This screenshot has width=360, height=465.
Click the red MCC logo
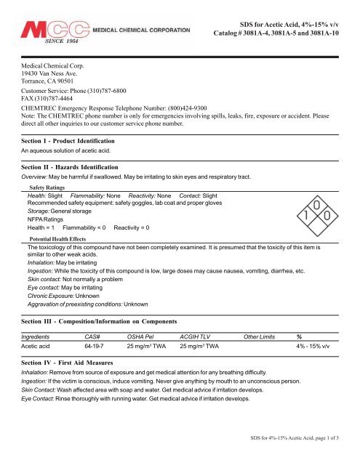[x=52, y=33]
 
